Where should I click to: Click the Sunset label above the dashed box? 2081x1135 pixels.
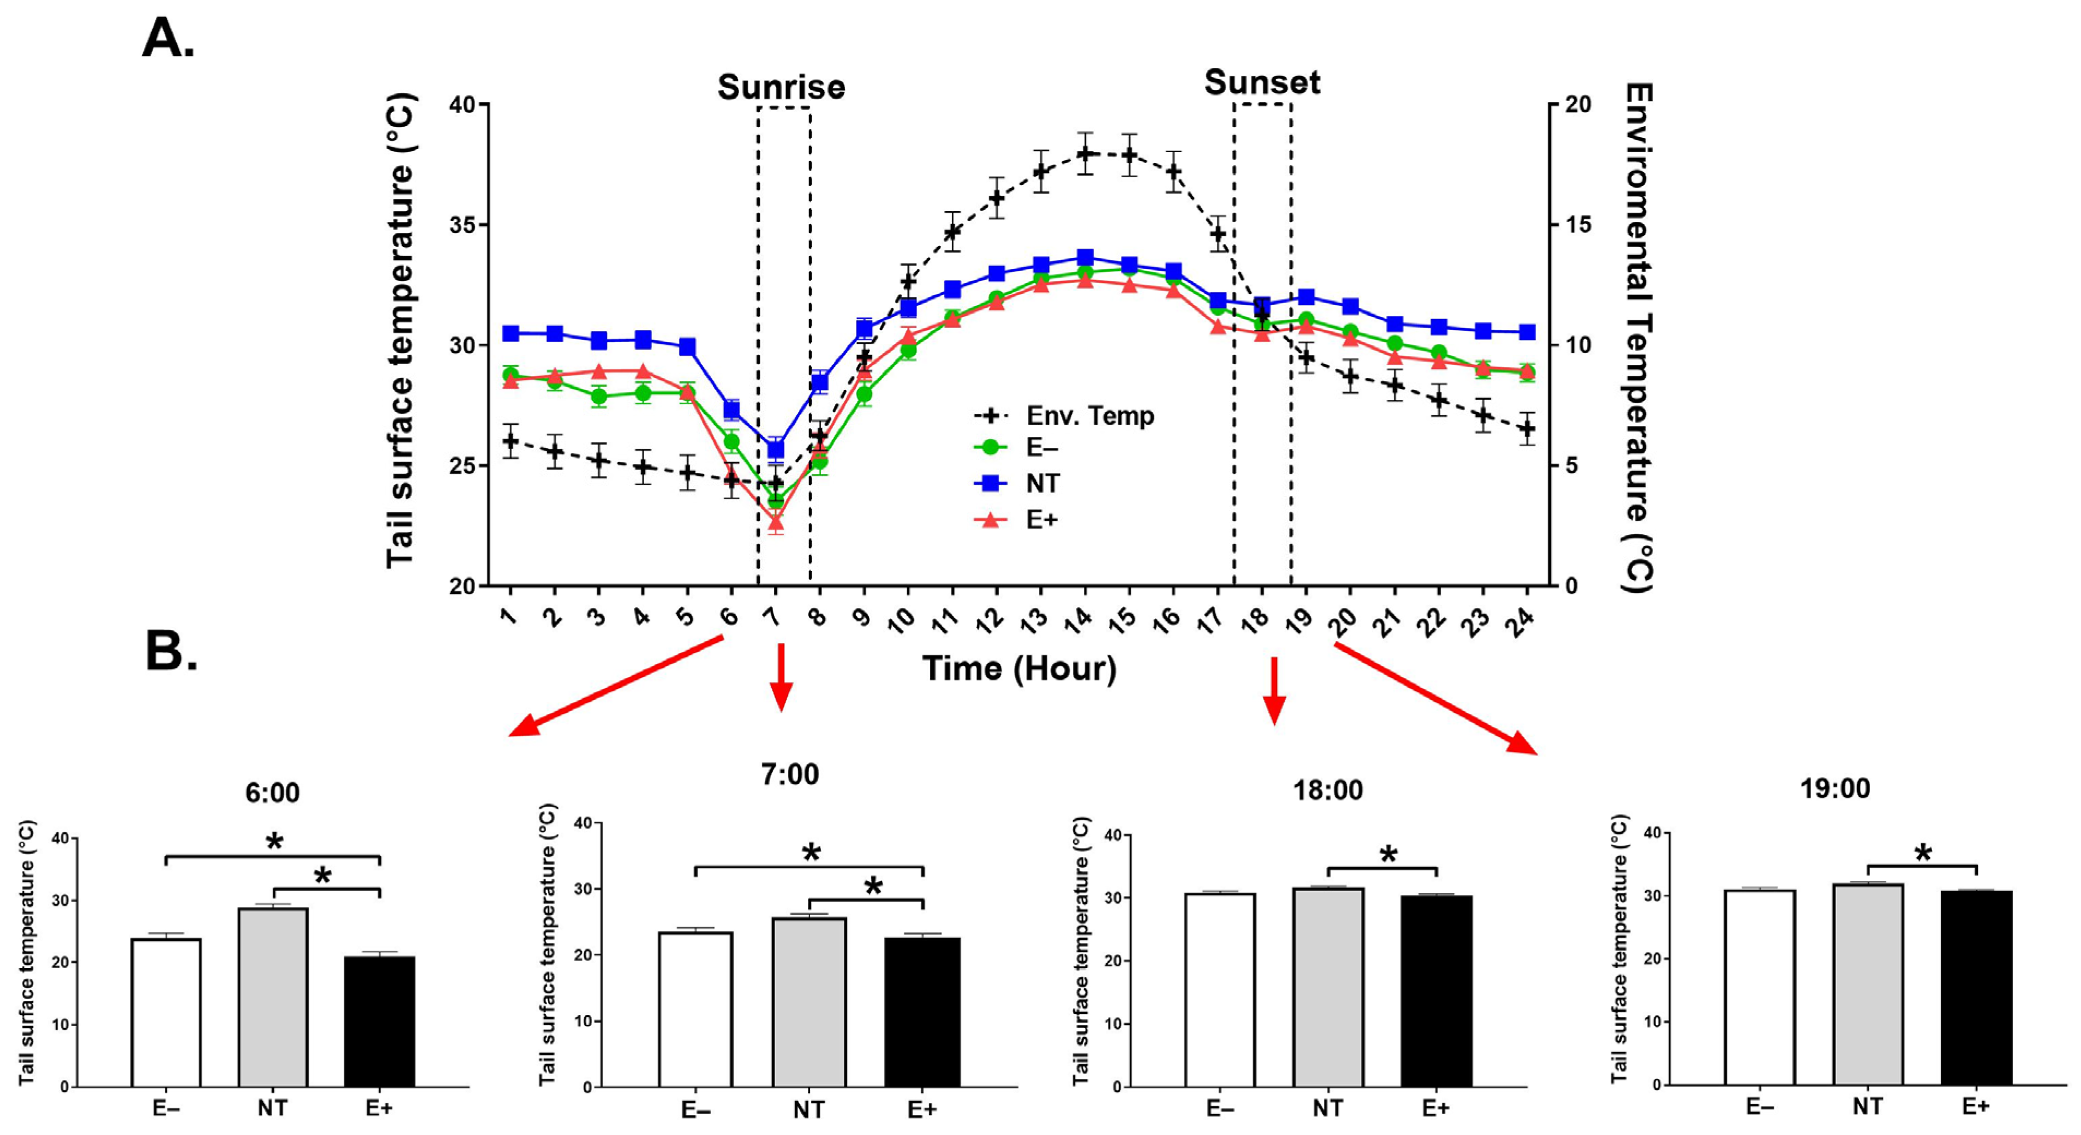click(x=1261, y=82)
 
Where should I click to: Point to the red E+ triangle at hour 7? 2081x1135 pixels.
click(x=776, y=521)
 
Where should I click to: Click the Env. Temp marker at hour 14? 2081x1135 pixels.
click(x=1085, y=153)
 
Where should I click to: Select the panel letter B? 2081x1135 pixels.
click(x=171, y=651)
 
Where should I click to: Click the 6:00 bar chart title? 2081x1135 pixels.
click(x=272, y=793)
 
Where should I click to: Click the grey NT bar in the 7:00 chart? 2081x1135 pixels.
click(x=808, y=1002)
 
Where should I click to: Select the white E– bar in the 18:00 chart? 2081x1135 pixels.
click(x=1220, y=989)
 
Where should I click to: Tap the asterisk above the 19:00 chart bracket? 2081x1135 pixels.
click(x=1923, y=853)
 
